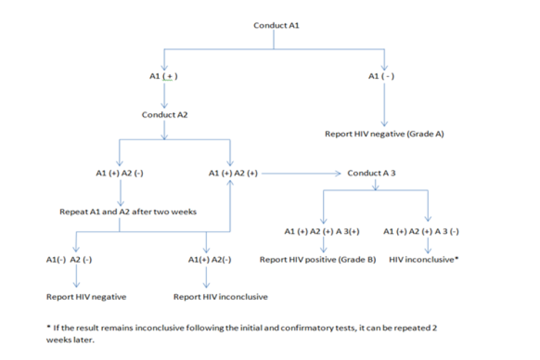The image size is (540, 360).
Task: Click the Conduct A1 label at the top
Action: pyautogui.click(x=273, y=25)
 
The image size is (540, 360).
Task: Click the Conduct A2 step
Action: pyautogui.click(x=164, y=114)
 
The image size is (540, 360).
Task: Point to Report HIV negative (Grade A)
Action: pyautogui.click(x=384, y=134)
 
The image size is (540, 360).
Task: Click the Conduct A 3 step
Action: pyautogui.click(x=372, y=173)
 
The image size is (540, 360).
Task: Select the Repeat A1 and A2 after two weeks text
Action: pyautogui.click(x=128, y=213)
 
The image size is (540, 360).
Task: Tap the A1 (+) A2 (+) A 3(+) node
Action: pyautogui.click(x=322, y=231)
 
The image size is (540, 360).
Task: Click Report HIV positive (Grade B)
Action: pyautogui.click(x=317, y=260)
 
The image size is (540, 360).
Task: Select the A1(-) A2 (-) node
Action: pyautogui.click(x=69, y=260)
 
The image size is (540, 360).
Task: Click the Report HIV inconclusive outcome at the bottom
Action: pyautogui.click(x=220, y=296)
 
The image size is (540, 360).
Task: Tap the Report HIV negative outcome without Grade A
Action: pyautogui.click(x=86, y=296)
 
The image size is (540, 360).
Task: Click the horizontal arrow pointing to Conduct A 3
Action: pyautogui.click(x=301, y=173)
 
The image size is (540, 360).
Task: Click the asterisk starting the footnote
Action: pyautogui.click(x=48, y=327)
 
